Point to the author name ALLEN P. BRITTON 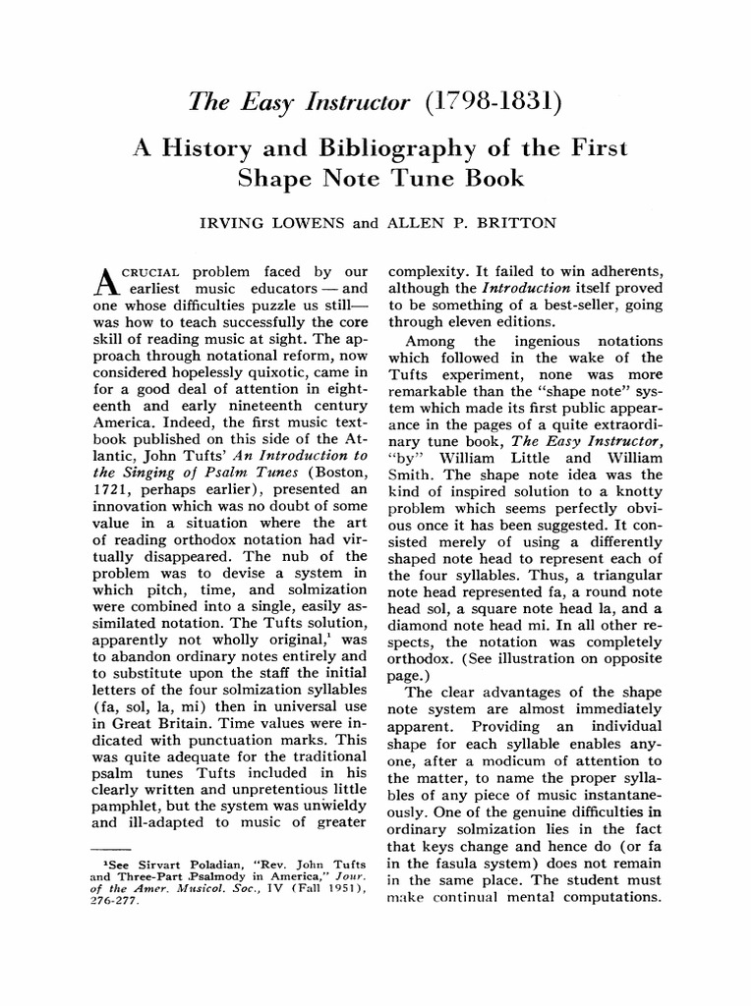pyautogui.click(x=474, y=223)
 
